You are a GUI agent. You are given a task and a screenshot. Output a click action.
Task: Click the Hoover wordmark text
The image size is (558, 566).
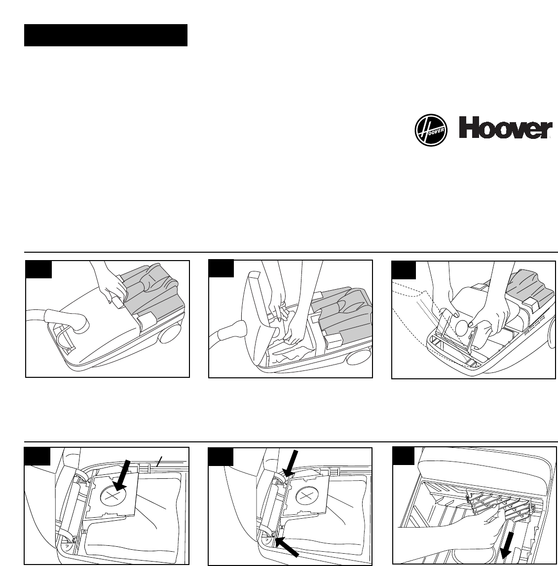point(505,130)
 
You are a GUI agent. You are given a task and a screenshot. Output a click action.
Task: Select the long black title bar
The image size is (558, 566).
point(106,35)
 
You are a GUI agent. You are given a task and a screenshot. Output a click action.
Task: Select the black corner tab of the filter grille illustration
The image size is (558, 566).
point(403,456)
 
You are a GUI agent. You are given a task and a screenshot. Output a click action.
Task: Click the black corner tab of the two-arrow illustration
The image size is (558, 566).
point(221,457)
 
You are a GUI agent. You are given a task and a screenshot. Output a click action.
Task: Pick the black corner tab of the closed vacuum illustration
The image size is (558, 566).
point(38,269)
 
